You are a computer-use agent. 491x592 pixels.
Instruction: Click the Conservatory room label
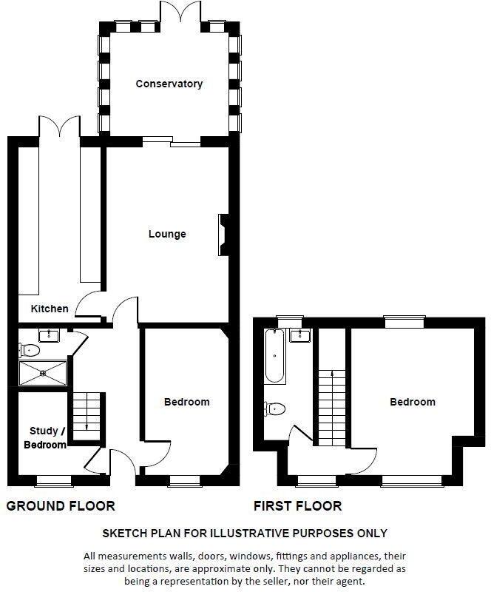click(x=169, y=84)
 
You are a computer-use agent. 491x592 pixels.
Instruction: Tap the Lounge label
click(x=167, y=234)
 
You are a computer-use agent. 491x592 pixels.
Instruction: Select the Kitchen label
click(x=50, y=309)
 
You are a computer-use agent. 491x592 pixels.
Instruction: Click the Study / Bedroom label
click(x=47, y=437)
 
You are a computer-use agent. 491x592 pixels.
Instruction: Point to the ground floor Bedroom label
click(x=186, y=402)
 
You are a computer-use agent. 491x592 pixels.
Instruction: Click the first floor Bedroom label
click(x=413, y=402)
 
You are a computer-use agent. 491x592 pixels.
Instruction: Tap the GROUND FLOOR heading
click(x=61, y=506)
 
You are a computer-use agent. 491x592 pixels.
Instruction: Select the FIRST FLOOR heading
click(x=297, y=506)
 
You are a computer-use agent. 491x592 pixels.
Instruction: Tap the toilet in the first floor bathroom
click(x=274, y=407)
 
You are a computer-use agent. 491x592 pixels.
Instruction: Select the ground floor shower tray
click(x=42, y=372)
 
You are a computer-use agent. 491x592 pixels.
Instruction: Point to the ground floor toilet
click(x=30, y=350)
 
